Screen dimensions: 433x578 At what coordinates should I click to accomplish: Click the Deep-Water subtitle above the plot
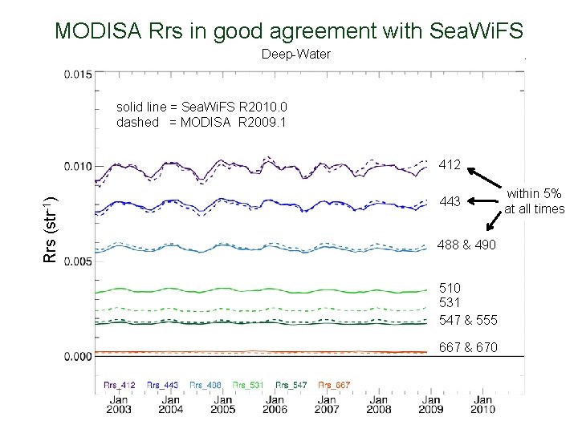[296, 55]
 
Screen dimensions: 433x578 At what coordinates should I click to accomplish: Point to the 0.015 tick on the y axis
[79, 74]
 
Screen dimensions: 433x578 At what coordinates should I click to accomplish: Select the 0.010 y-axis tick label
[79, 166]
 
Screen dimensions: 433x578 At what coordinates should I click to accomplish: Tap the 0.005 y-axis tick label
[79, 261]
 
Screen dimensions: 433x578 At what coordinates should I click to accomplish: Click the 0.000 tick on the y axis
[79, 355]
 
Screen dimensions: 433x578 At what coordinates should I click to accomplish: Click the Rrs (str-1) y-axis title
[50, 229]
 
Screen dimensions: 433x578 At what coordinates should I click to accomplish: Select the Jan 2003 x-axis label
[118, 403]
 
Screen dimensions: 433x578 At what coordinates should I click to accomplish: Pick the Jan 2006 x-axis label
[275, 403]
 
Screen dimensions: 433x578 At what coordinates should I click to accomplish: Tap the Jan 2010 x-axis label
[482, 403]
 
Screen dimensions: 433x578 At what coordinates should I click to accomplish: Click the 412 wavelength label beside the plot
[450, 165]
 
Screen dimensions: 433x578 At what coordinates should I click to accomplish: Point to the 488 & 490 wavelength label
[466, 245]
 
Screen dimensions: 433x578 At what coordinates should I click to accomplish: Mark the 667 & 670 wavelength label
[468, 347]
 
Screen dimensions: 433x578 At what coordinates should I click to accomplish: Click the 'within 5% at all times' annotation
[534, 201]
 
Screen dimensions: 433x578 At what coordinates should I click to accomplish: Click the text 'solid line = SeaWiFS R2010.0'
[201, 107]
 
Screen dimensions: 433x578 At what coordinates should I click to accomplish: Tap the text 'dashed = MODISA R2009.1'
[200, 123]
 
